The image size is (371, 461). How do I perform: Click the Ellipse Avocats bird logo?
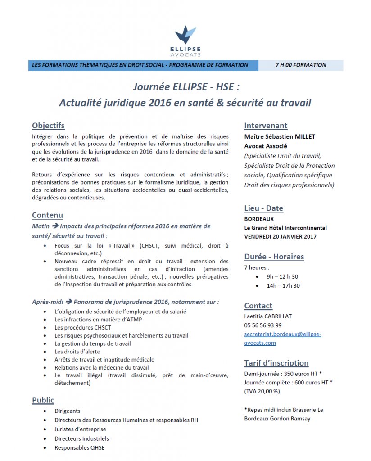point(185,34)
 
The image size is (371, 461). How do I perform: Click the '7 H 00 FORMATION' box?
point(301,65)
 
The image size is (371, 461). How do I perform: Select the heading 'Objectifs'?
point(48,126)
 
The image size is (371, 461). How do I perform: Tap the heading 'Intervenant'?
point(266,126)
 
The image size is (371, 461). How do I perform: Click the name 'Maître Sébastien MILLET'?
point(280,136)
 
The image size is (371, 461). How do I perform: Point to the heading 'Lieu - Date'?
point(263,208)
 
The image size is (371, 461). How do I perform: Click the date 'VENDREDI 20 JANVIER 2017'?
point(280,236)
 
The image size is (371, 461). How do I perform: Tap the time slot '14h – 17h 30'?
point(283,286)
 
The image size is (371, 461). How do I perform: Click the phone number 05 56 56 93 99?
point(263,325)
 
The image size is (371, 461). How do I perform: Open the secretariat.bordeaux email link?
point(282,334)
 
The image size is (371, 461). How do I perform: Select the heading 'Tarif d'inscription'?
point(276,363)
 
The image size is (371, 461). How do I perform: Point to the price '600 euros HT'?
point(309,382)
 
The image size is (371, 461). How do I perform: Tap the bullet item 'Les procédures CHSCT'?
point(82,327)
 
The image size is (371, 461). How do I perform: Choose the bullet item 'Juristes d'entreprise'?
point(80,429)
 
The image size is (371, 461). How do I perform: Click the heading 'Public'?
point(43,400)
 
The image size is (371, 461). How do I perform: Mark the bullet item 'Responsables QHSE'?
point(79,447)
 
